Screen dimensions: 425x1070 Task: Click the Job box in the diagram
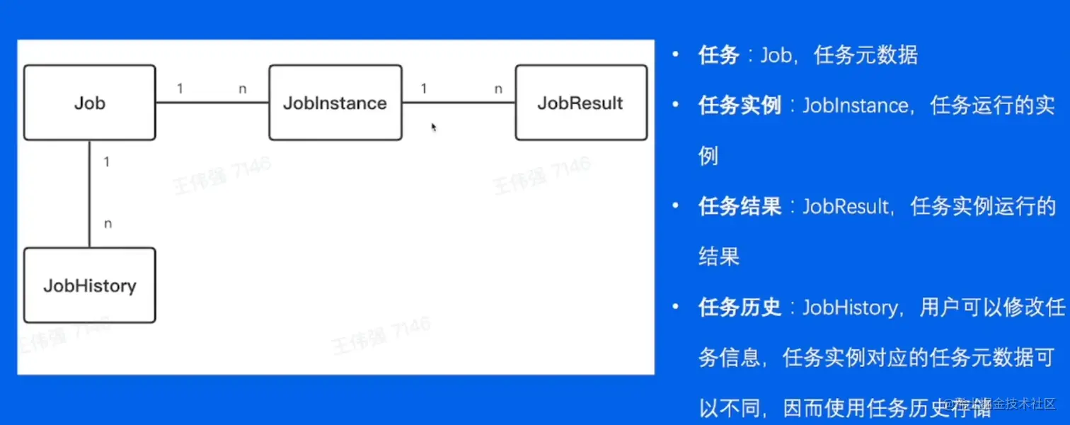click(89, 103)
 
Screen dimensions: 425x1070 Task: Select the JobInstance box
click(335, 103)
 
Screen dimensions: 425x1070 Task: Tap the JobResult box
click(580, 103)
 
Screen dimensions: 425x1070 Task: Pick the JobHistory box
click(89, 285)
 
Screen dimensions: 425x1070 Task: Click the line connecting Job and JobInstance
click(212, 103)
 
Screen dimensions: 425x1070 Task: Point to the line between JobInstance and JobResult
click(458, 103)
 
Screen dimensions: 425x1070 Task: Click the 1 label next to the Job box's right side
click(180, 89)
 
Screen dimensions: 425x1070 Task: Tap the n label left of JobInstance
click(243, 89)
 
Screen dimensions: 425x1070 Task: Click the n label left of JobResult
click(498, 89)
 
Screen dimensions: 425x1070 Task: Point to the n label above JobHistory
click(108, 224)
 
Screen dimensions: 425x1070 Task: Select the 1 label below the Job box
click(106, 162)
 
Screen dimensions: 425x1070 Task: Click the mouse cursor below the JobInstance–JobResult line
click(433, 127)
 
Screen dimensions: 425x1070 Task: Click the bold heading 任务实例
click(740, 106)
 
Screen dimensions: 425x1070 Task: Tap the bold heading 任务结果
click(740, 206)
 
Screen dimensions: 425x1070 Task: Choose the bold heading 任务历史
click(740, 307)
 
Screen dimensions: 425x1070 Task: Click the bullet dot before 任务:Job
click(677, 55)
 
